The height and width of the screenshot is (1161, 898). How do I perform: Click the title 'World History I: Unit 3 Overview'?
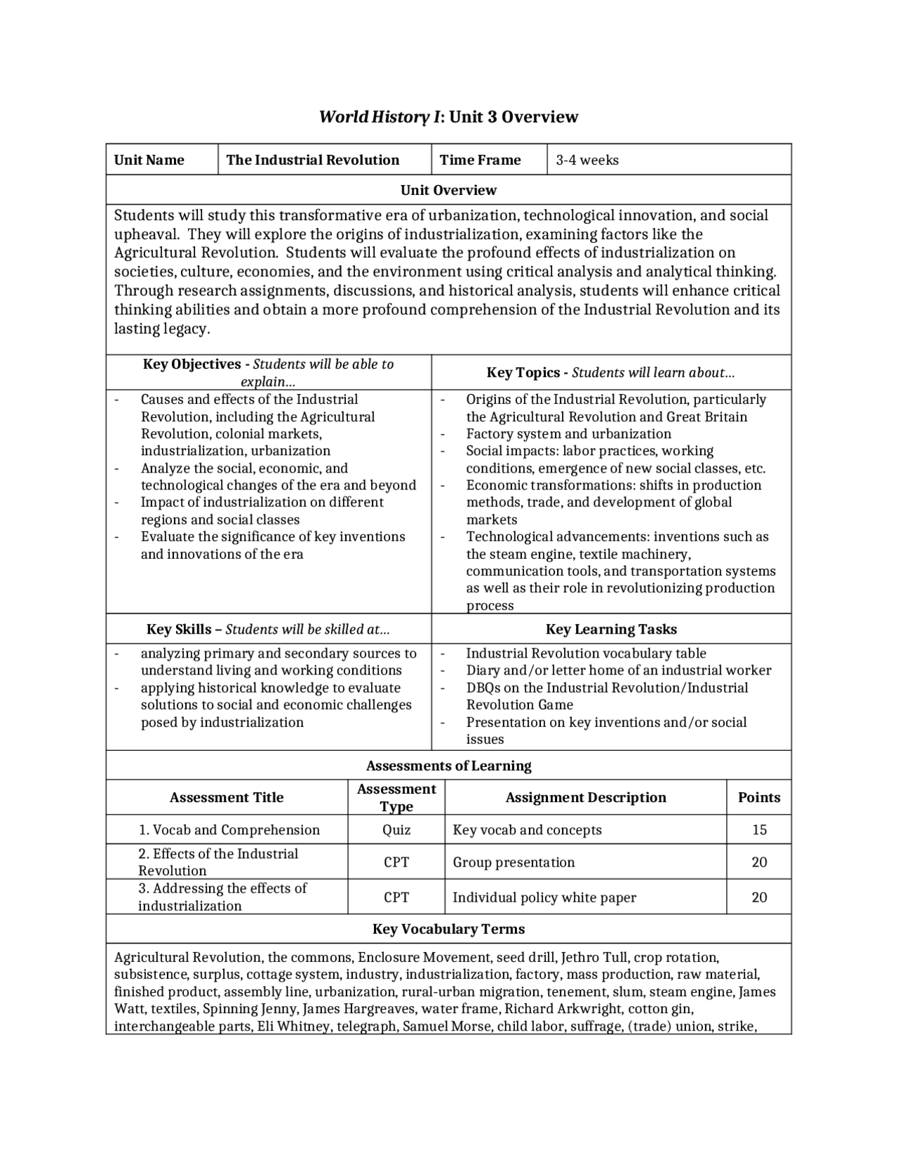tap(448, 116)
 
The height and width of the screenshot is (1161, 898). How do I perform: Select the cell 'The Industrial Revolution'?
tap(313, 160)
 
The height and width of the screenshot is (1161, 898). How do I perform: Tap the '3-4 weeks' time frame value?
tap(587, 160)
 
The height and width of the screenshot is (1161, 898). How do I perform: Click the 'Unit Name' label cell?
tap(149, 160)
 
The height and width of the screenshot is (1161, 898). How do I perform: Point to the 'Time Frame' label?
tap(480, 160)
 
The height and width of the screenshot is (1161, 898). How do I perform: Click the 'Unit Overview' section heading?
tap(448, 190)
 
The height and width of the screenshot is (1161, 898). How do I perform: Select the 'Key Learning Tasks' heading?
tap(611, 629)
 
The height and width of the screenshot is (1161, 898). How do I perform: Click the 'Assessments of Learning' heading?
tap(448, 766)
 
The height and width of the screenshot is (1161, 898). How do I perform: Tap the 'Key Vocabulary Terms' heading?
tap(448, 929)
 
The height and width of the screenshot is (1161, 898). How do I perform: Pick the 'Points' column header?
tap(759, 797)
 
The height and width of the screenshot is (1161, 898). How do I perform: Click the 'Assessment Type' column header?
tap(396, 797)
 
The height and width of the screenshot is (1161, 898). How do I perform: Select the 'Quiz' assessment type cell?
tap(396, 830)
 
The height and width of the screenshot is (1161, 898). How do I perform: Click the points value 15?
tap(759, 830)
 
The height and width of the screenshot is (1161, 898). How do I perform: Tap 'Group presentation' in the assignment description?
tap(514, 862)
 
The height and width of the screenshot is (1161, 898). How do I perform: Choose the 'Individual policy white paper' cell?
tap(544, 897)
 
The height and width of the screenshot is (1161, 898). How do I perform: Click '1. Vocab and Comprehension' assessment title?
tap(229, 830)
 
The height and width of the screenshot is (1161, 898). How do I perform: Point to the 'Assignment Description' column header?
tap(586, 797)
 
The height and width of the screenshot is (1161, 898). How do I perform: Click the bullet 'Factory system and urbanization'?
tap(568, 434)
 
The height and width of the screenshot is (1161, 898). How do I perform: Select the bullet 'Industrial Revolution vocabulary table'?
tap(586, 653)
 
